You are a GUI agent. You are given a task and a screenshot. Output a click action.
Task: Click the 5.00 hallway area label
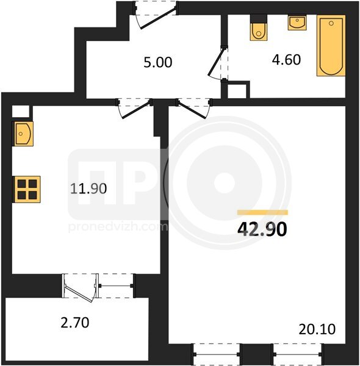pyautogui.click(x=158, y=62)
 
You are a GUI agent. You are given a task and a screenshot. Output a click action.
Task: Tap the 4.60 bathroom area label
pyautogui.click(x=286, y=60)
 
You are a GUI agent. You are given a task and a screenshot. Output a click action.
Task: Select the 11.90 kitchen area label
pyautogui.click(x=88, y=188)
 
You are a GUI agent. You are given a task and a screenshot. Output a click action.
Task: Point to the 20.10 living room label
pyautogui.click(x=317, y=329)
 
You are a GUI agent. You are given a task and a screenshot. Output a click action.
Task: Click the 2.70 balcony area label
pyautogui.click(x=75, y=323)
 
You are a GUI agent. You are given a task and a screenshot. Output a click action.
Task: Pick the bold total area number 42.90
pyautogui.click(x=262, y=229)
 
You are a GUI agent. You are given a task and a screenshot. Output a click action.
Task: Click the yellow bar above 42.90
pyautogui.click(x=262, y=212)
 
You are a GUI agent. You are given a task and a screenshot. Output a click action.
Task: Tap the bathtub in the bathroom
pyautogui.click(x=331, y=46)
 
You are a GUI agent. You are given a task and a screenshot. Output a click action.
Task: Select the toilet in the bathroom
pyautogui.click(x=259, y=27)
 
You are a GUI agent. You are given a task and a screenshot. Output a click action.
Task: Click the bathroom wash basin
pyautogui.click(x=297, y=23)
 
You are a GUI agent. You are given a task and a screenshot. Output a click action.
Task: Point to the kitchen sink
pyautogui.click(x=23, y=134)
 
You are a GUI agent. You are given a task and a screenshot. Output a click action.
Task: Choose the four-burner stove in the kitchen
pyautogui.click(x=26, y=189)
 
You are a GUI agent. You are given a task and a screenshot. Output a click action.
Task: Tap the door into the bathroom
pyautogui.click(x=217, y=62)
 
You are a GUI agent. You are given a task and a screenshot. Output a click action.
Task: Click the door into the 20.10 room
pyautogui.click(x=193, y=109)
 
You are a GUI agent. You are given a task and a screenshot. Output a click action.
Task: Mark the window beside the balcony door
pyautogui.click(x=115, y=285)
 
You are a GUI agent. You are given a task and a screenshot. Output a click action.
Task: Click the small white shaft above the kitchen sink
pyautogui.click(x=21, y=112)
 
